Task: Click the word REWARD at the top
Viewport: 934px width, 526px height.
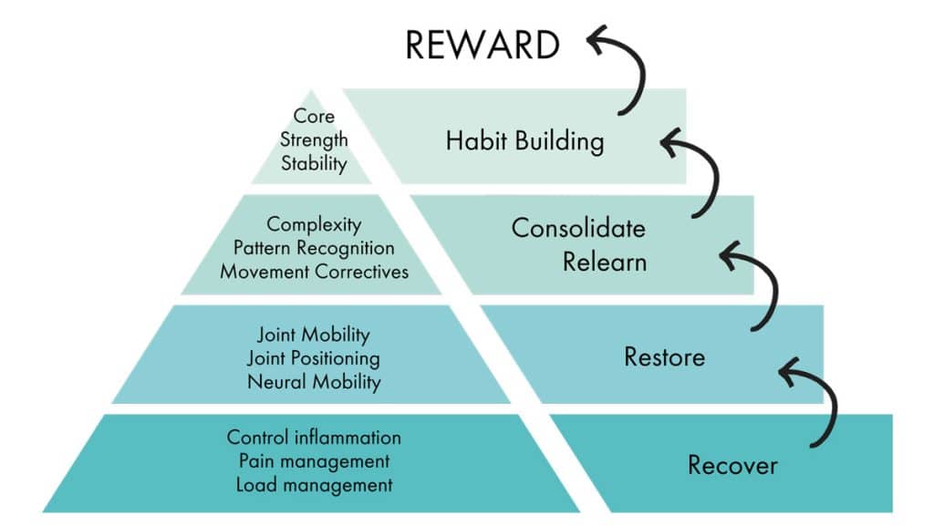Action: tap(483, 44)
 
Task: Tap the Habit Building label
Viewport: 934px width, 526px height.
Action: tap(524, 141)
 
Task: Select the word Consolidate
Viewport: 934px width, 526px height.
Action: tap(577, 227)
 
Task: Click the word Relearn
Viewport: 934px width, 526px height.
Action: tap(604, 262)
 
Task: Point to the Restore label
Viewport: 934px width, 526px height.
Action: tap(664, 356)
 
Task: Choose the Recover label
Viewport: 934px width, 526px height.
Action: tap(732, 465)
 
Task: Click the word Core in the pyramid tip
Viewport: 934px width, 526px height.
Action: tap(314, 117)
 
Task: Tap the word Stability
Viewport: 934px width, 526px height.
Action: tap(314, 164)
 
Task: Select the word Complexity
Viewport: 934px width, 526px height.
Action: tap(314, 224)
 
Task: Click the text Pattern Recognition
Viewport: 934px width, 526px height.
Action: tap(314, 248)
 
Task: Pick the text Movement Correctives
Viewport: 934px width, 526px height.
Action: tap(314, 272)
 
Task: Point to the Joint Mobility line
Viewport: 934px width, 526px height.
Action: tap(314, 335)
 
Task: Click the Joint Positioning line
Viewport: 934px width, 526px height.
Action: tap(314, 358)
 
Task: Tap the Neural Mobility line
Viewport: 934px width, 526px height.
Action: tap(314, 382)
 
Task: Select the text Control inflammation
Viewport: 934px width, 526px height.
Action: tap(314, 438)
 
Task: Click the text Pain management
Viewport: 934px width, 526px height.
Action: tap(314, 461)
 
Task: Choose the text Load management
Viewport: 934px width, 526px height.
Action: tap(314, 485)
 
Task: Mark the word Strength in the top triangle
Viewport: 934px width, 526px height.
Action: tap(314, 140)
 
